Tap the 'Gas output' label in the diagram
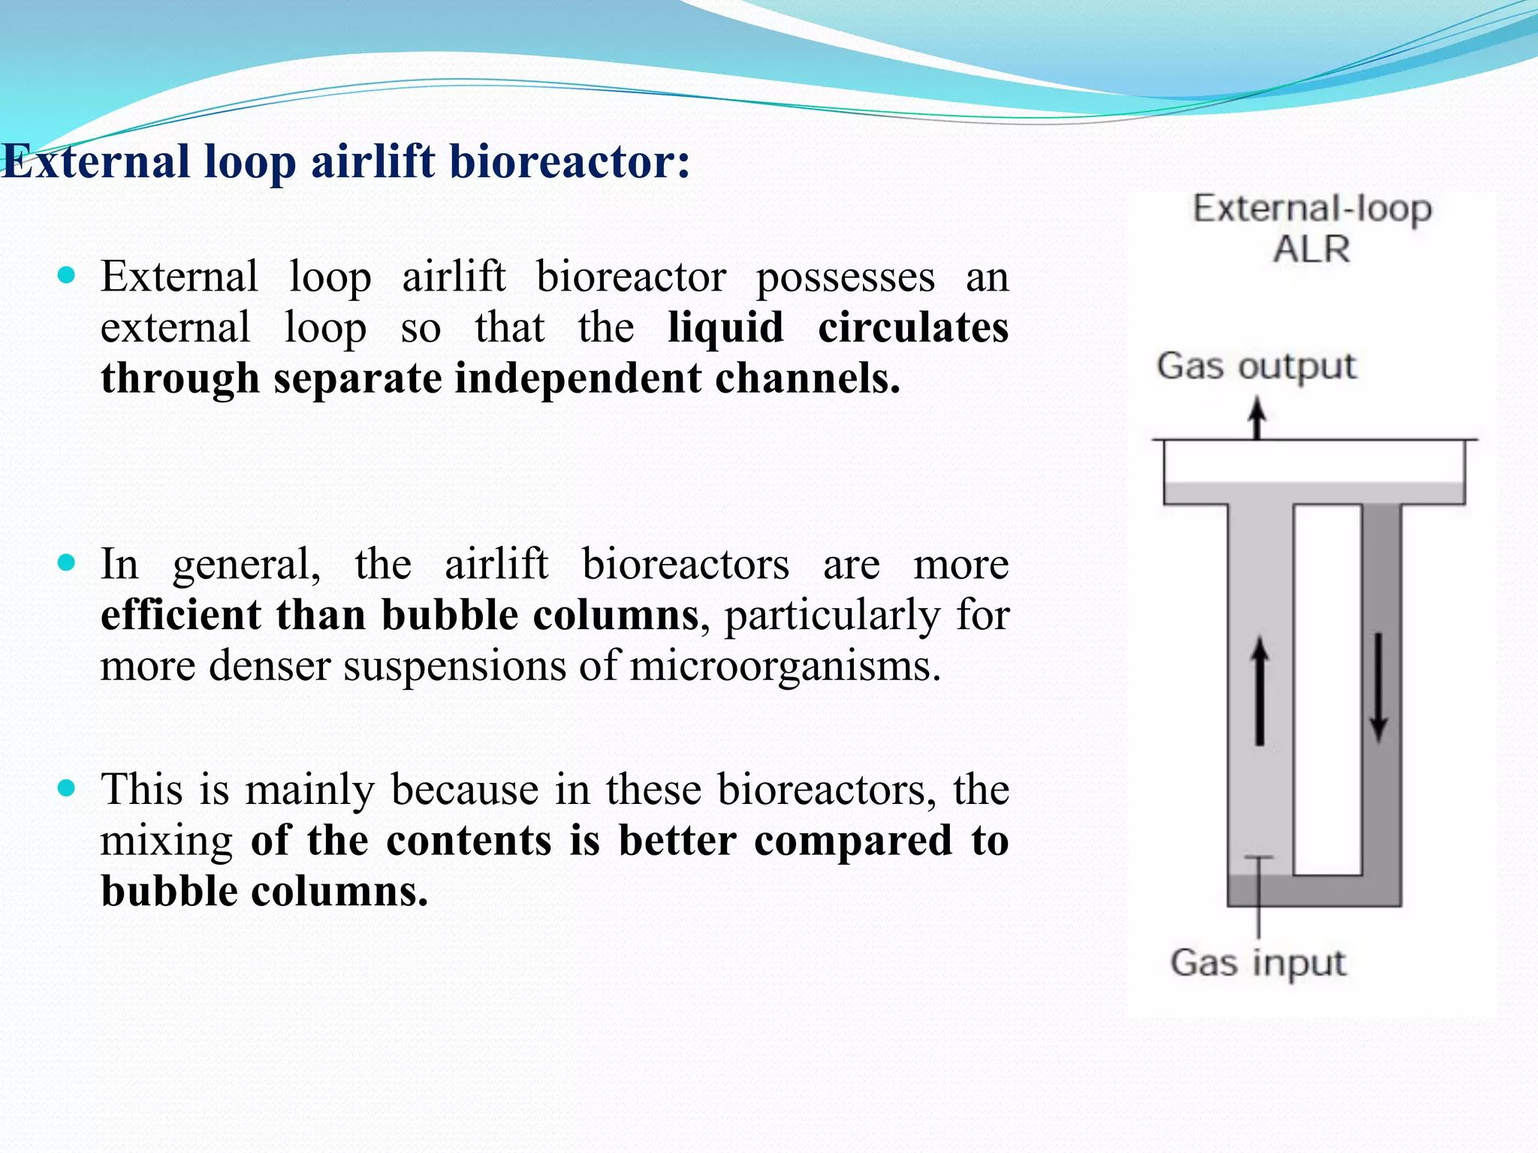(x=1256, y=367)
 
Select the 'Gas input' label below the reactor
(x=1258, y=963)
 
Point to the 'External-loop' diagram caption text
(x=1313, y=209)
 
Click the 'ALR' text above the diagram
(x=1311, y=249)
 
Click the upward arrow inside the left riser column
(x=1259, y=691)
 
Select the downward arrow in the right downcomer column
(x=1378, y=687)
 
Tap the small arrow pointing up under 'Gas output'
(x=1257, y=417)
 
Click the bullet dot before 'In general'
(x=67, y=562)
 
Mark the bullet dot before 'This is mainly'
(x=67, y=787)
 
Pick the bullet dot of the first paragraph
(x=67, y=275)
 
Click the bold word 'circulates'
(x=913, y=328)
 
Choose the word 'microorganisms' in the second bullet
(x=785, y=666)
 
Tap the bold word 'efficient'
(x=180, y=615)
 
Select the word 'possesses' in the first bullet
(x=846, y=278)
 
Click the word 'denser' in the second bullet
(x=270, y=666)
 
